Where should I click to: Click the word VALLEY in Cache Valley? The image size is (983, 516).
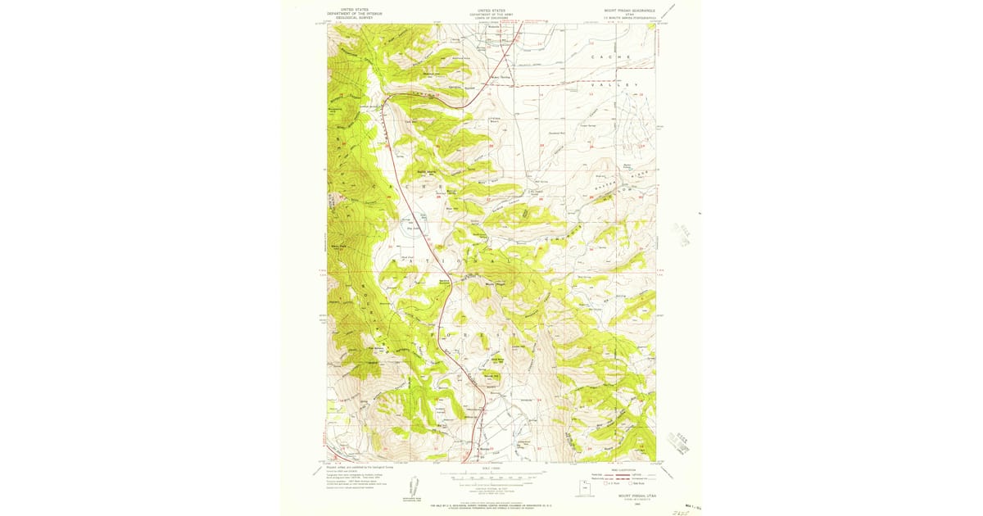[x=623, y=84]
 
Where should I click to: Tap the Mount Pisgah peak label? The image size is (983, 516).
[x=496, y=285]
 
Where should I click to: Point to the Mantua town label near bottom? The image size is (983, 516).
[x=483, y=449]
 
